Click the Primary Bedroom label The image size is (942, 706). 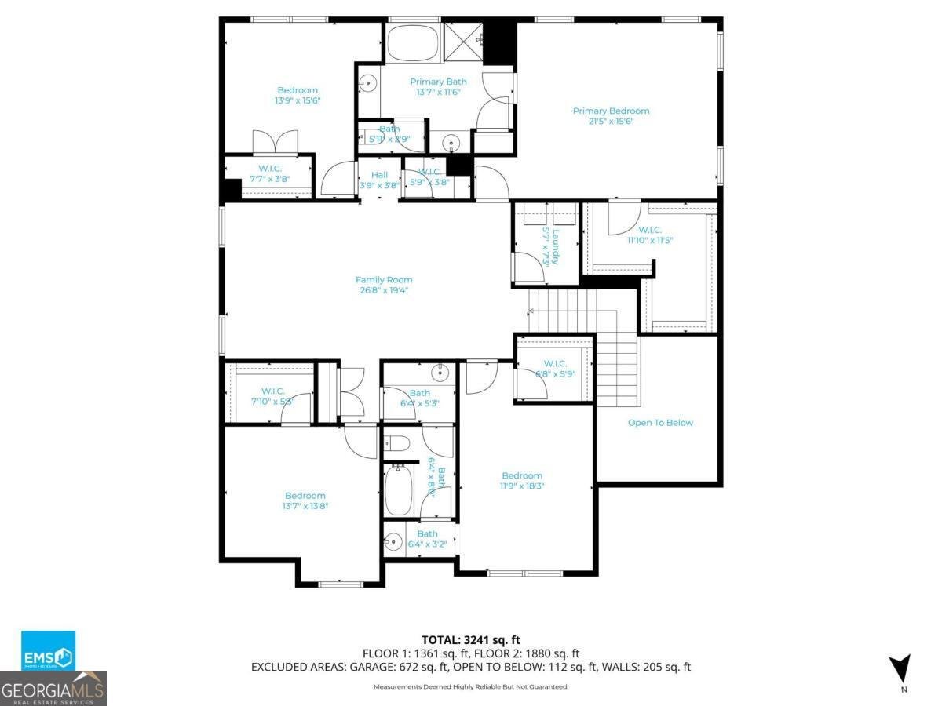611,111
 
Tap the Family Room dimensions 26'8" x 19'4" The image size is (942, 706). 384,290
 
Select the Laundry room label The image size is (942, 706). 554,246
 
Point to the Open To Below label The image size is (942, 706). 660,423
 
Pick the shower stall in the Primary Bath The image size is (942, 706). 462,40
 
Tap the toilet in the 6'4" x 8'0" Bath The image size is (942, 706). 397,444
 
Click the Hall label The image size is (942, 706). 379,175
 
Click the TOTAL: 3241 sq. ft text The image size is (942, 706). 470,639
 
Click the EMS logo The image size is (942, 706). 49,651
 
